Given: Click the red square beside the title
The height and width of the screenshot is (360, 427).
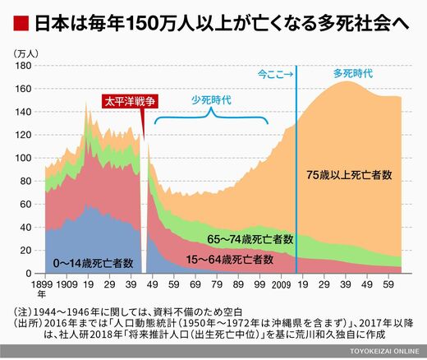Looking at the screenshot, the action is pos(21,24).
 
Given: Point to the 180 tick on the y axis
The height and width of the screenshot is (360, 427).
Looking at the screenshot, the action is pos(23,66).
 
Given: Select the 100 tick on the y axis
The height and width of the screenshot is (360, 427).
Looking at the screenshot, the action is pos(23,158).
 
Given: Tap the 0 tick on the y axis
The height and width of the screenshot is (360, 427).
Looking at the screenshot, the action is pos(29,274).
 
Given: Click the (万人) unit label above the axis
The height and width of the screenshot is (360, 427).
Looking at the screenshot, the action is pos(26,53).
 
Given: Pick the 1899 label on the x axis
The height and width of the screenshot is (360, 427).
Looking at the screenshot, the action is pos(42,284).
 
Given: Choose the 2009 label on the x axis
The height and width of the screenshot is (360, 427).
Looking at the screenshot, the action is pos(281,284).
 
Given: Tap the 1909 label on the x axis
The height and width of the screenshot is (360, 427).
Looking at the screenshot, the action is pos(67,284).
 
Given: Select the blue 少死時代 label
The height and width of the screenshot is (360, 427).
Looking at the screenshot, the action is pos(211,100).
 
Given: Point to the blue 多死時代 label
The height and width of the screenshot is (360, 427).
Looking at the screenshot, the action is pos(353,74).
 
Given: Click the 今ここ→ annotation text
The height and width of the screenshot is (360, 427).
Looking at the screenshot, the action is pos(275,74).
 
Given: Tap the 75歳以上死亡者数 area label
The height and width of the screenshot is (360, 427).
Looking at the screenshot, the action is pos(349,175).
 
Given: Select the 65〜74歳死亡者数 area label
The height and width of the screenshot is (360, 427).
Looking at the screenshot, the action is pos(250,239).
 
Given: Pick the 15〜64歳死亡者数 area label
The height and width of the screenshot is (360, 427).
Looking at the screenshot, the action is pos(230,259).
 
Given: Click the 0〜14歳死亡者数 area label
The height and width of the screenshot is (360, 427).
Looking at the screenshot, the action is pos(93,263).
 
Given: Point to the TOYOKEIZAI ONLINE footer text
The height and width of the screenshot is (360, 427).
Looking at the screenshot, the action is pos(384,351).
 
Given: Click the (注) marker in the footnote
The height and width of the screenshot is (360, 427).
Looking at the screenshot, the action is pos(23,312).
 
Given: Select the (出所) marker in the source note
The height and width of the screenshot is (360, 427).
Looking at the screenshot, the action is pos(28,323).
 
